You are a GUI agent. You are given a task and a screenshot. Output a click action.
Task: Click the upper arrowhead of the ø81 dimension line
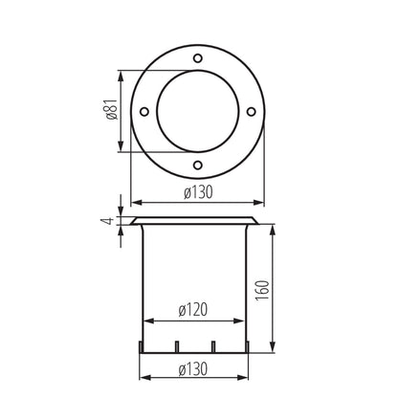[x=120, y=72]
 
